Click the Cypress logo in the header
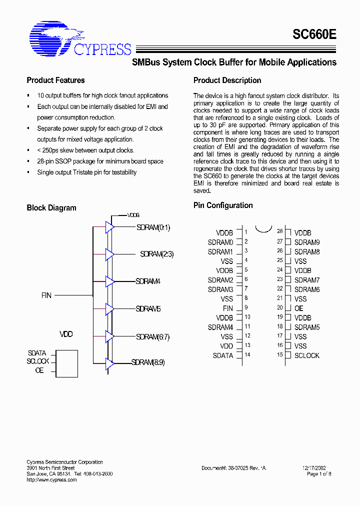[80, 38]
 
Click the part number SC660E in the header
[314, 35]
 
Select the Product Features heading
[55, 80]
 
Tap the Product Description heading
[227, 80]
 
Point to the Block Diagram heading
[51, 208]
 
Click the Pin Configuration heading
[223, 205]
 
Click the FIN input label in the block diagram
[46, 295]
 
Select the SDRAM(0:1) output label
[153, 227]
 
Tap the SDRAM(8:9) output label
[148, 362]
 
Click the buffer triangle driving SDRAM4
[109, 281]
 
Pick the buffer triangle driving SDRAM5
[109, 309]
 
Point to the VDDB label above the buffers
[133, 215]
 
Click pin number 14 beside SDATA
[247, 355]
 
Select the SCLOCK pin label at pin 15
[306, 355]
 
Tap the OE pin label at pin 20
[298, 308]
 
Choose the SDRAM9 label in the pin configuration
[307, 242]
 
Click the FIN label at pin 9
[228, 308]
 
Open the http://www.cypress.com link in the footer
[51, 480]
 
